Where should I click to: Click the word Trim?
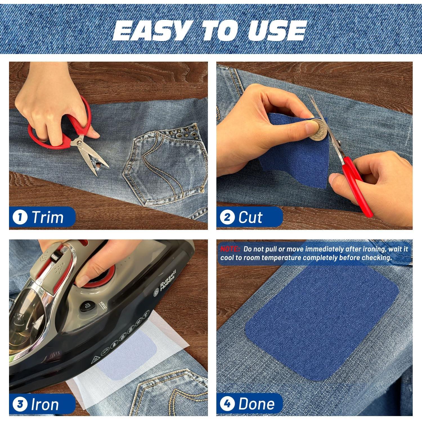tap(48, 217)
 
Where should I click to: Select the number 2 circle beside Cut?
tap(227, 217)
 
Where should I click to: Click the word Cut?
tap(250, 217)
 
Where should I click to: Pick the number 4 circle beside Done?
tap(227, 404)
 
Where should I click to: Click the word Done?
tap(256, 404)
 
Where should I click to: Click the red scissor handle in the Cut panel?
tap(357, 186)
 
